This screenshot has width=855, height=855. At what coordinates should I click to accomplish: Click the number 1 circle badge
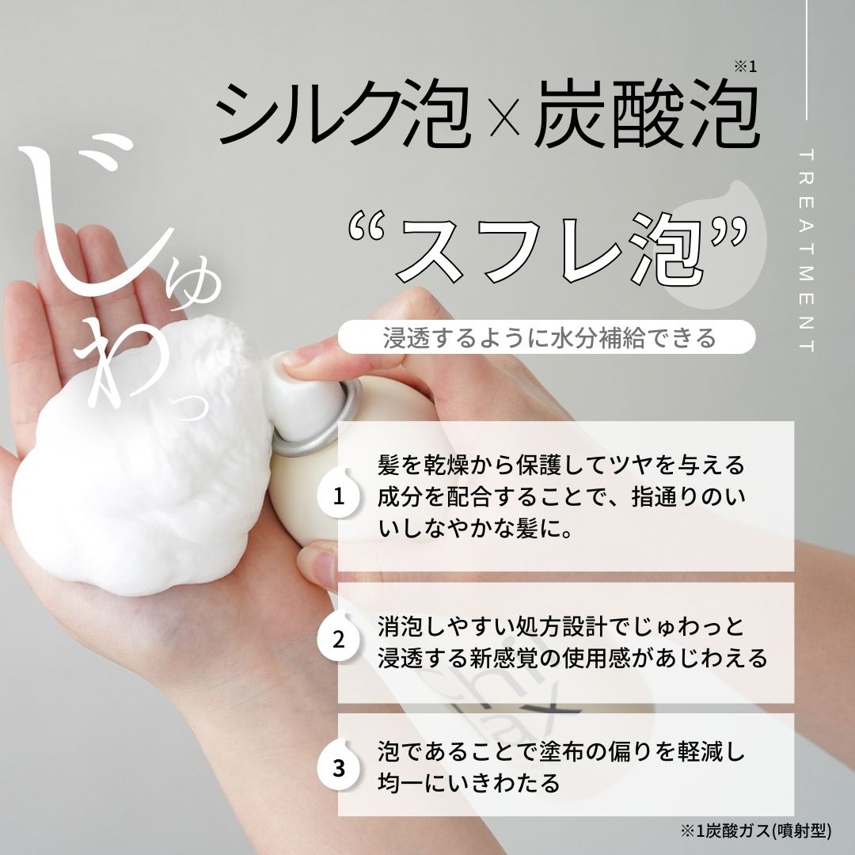(338, 496)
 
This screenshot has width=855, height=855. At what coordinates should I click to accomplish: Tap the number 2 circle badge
(338, 639)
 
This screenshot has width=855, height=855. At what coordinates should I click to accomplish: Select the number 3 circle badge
(338, 768)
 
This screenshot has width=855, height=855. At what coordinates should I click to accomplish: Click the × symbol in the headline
(503, 116)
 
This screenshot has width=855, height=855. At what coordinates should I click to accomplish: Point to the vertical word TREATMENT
(807, 250)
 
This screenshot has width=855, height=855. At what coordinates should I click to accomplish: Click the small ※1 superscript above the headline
(745, 66)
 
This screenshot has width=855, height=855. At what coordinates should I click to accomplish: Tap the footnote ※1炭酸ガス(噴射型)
(755, 830)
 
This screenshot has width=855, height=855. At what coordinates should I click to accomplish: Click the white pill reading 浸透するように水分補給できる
(546, 337)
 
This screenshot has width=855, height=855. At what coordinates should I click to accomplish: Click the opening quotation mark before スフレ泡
(367, 227)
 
